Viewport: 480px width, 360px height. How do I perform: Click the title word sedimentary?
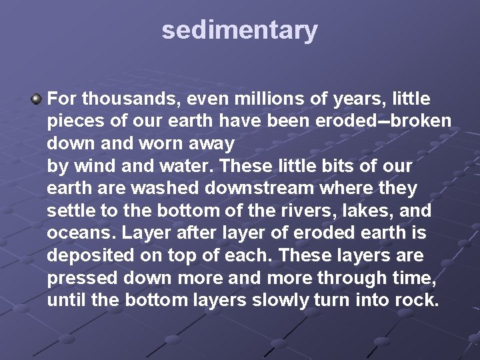(x=239, y=31)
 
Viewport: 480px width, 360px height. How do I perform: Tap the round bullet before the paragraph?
(x=36, y=99)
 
